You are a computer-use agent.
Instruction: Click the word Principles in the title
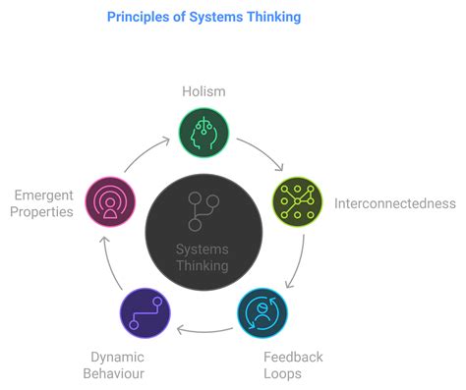click(142, 17)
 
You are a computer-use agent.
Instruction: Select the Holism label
click(204, 91)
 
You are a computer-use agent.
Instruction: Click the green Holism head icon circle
click(204, 133)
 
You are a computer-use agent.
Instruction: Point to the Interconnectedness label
click(394, 203)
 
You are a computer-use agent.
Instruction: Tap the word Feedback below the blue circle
click(293, 357)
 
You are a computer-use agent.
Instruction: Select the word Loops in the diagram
click(284, 374)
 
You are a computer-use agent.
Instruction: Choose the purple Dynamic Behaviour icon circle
click(145, 314)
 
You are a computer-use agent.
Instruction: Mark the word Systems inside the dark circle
click(203, 248)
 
